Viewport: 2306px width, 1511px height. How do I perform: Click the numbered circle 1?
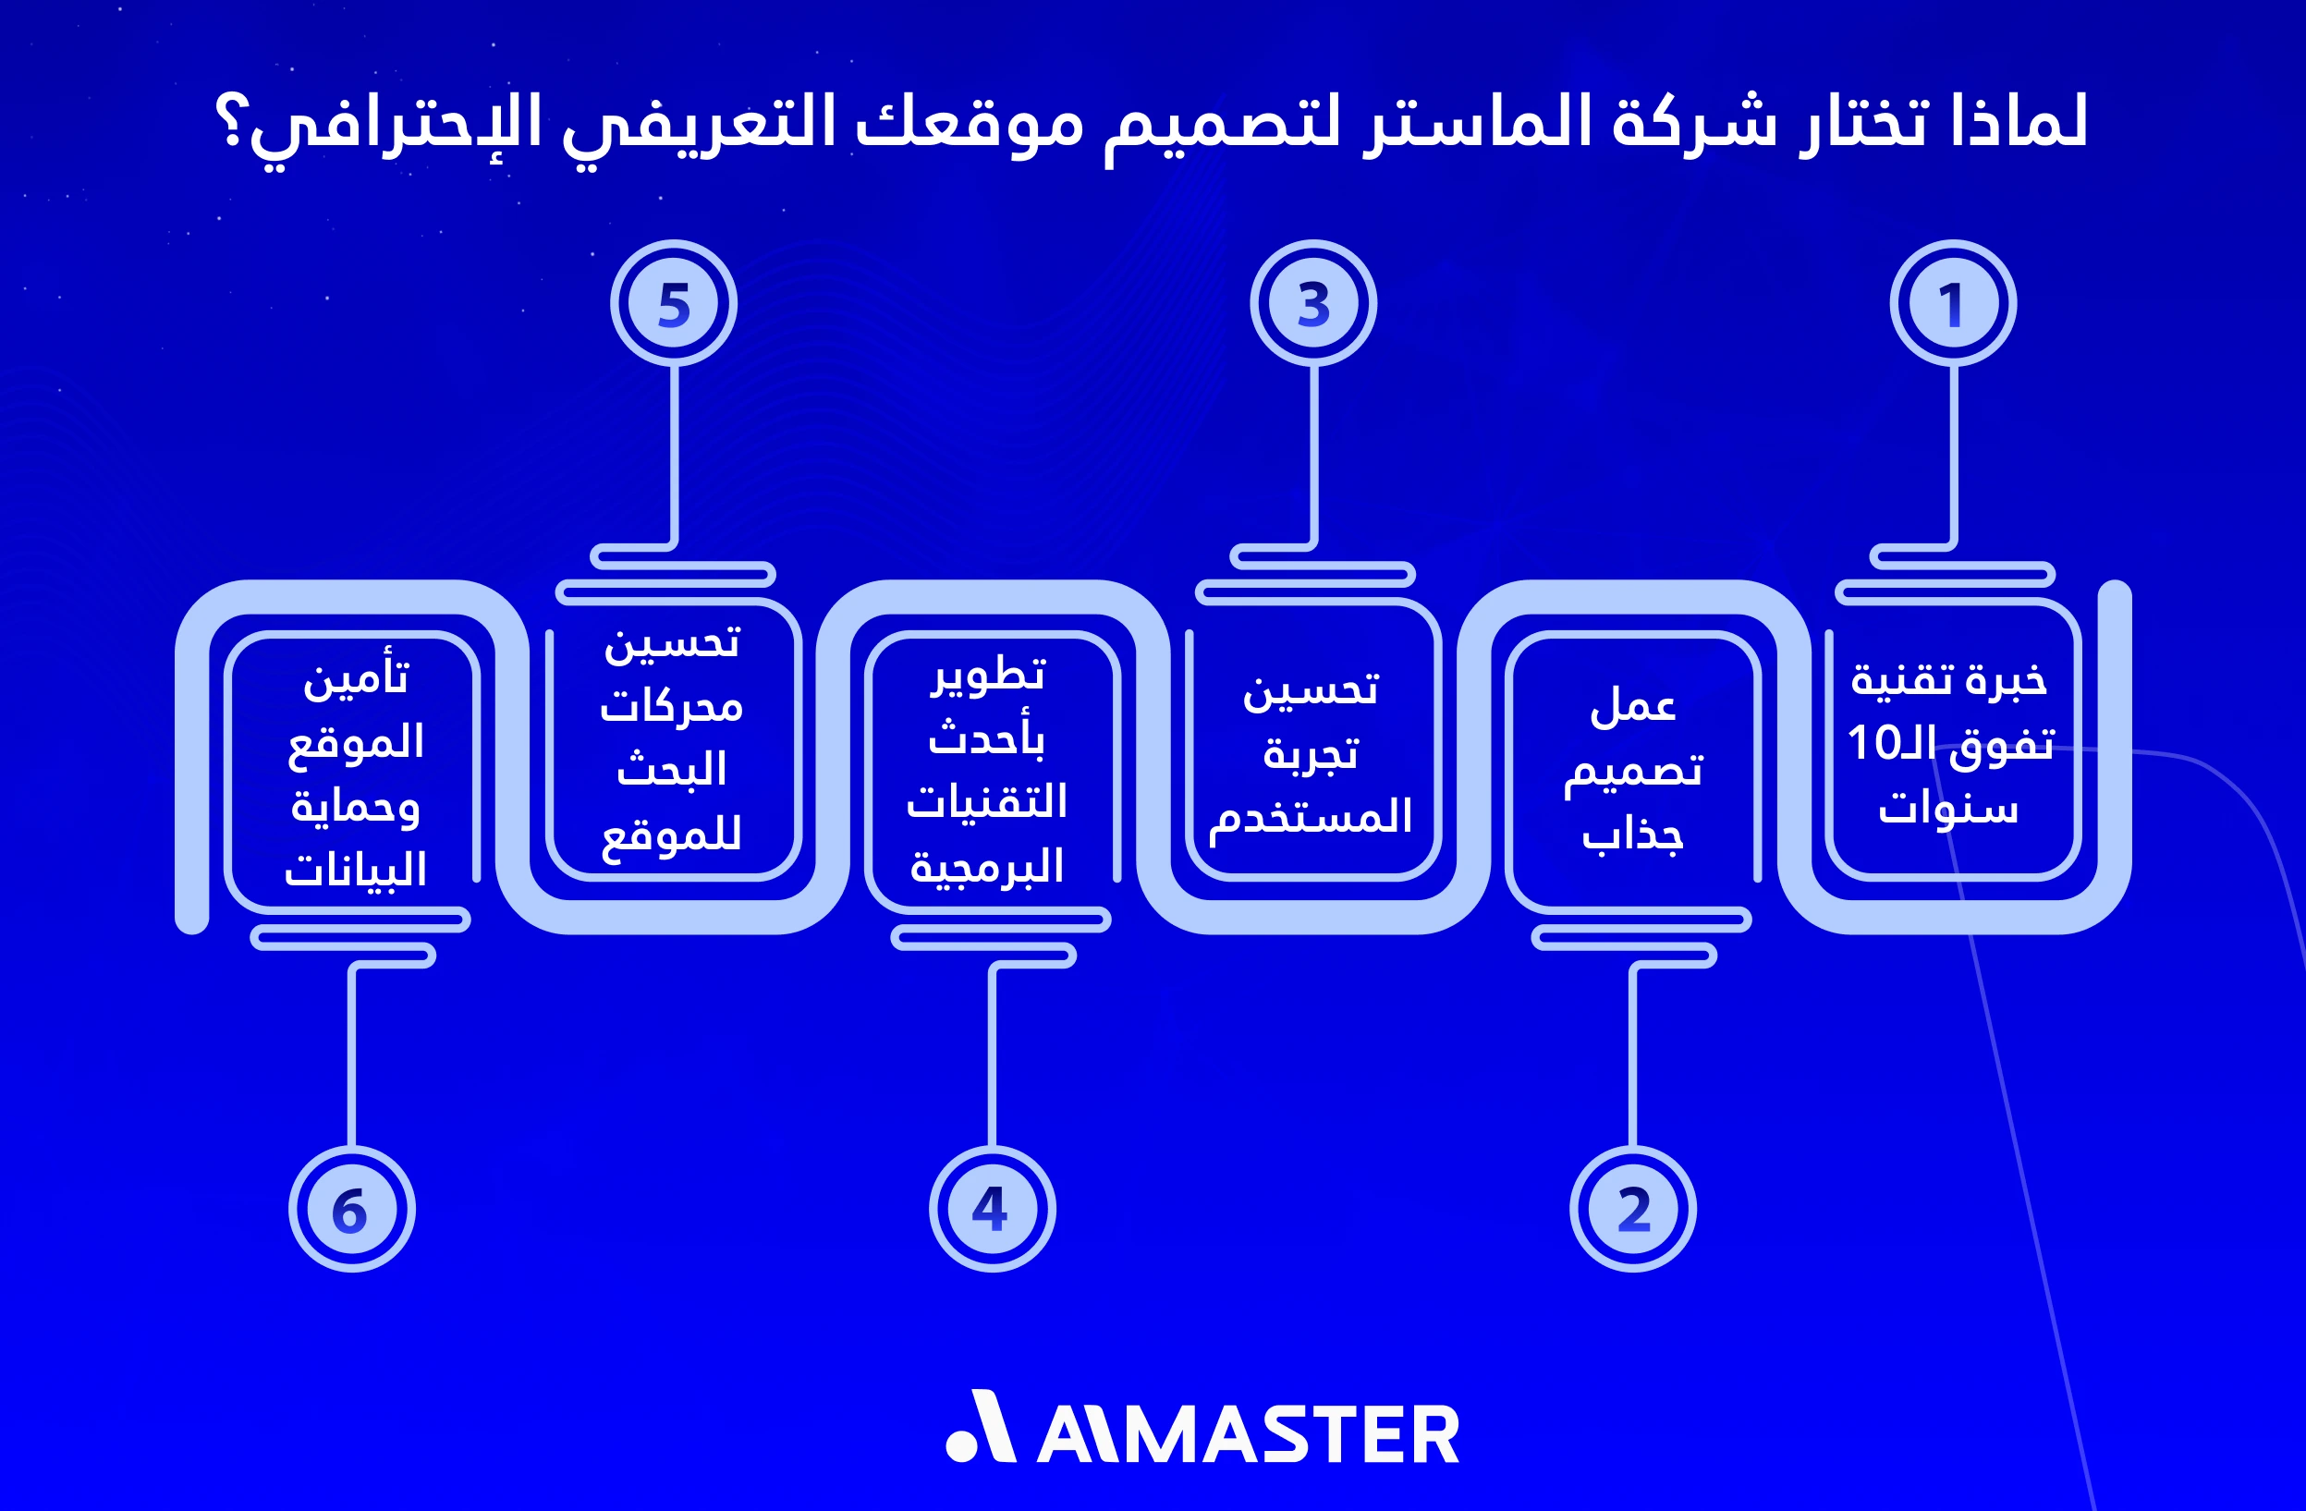tap(1952, 303)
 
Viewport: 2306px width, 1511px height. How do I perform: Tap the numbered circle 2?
tap(1632, 1209)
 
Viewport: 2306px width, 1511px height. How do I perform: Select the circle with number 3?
tap(1312, 303)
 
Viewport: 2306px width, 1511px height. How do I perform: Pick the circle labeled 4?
tap(992, 1209)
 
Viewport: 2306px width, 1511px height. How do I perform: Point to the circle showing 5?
tap(674, 303)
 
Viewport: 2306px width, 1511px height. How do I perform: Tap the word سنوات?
tap(1948, 808)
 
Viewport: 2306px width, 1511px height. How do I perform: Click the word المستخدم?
tap(1311, 817)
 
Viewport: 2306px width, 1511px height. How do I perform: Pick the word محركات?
tap(671, 707)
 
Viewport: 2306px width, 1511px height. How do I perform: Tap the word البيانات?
tap(356, 870)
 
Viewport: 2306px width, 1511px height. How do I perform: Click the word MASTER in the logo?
tap(1299, 1435)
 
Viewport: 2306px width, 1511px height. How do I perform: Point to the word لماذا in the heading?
tap(2019, 124)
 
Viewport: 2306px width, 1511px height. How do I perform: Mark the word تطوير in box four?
tap(988, 676)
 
